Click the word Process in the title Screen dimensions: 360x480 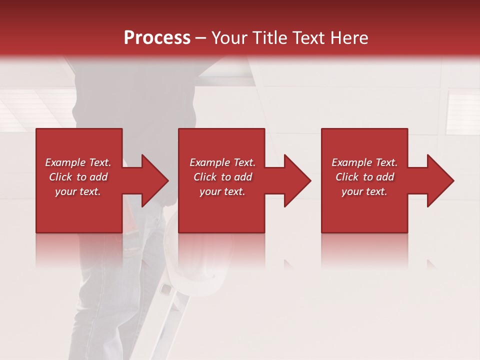157,37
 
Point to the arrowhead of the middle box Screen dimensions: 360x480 296,180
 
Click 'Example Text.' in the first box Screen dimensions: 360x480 78,162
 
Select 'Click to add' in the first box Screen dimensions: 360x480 78,177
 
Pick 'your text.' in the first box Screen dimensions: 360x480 78,191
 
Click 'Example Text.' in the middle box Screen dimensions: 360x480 222,162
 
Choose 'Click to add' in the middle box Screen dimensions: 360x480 222,177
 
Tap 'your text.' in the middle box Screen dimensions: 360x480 222,191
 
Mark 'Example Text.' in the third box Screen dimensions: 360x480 364,162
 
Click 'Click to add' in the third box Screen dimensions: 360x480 364,177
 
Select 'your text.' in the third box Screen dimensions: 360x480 364,191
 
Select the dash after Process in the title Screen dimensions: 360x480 201,38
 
